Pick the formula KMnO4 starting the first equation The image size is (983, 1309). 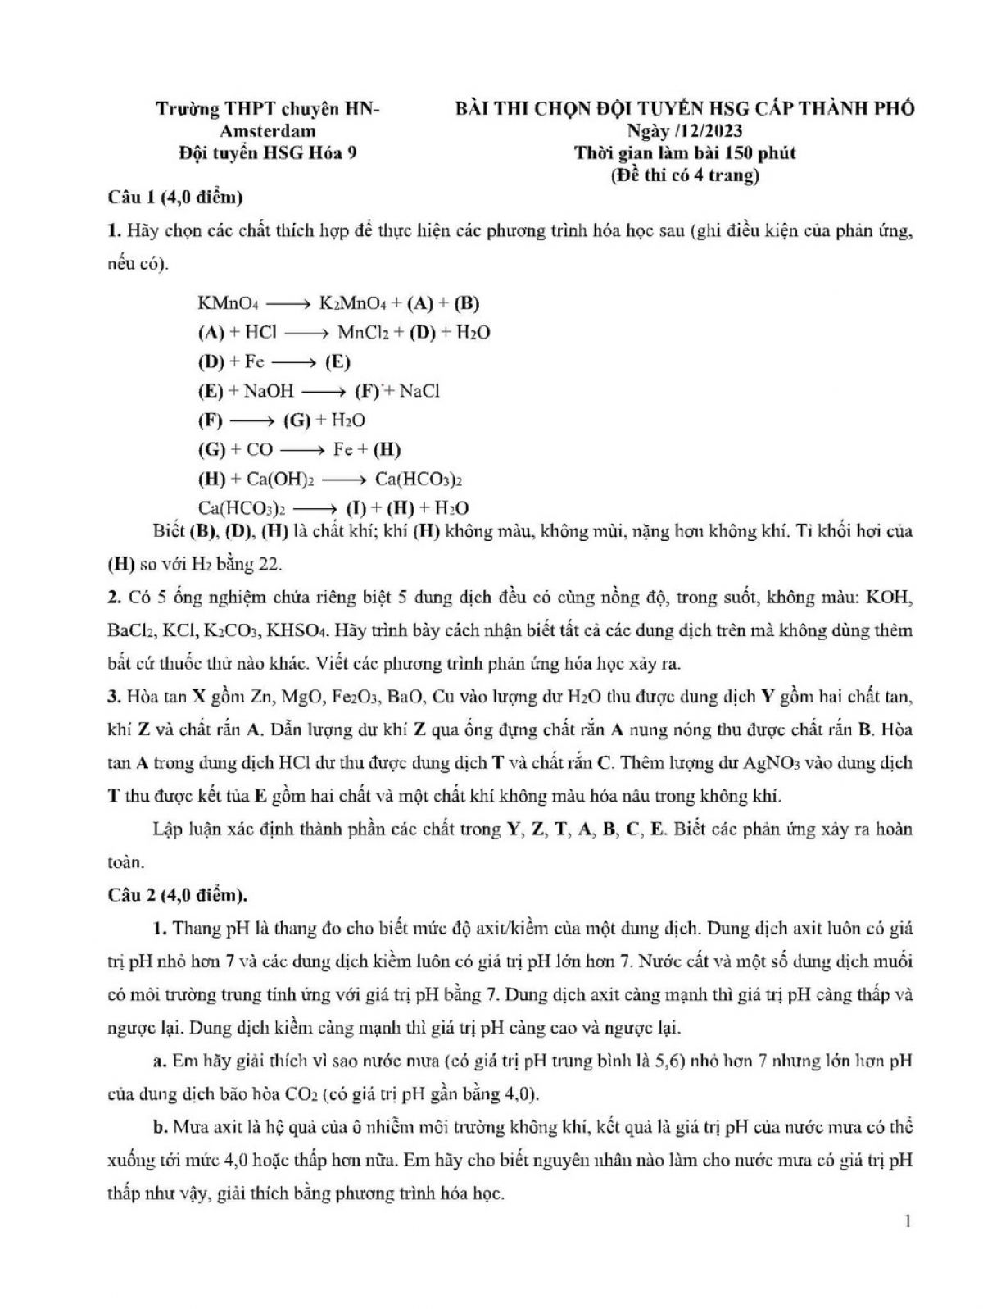click(229, 303)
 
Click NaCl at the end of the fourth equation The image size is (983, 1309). click(419, 391)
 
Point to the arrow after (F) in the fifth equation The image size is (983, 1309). click(252, 420)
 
